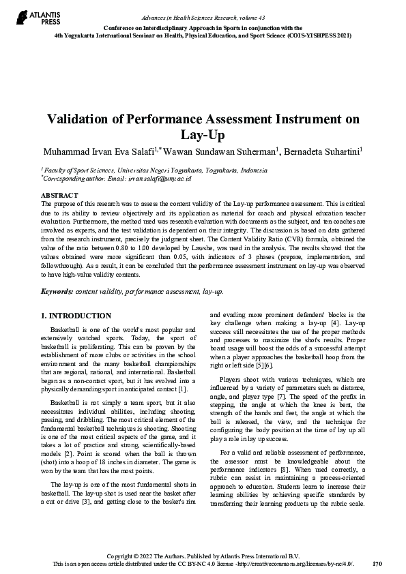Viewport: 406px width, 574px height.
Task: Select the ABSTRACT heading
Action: pyautogui.click(x=59, y=194)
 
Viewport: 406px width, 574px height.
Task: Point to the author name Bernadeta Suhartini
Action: pyautogui.click(x=323, y=150)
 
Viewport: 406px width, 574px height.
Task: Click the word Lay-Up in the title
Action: pyautogui.click(x=203, y=134)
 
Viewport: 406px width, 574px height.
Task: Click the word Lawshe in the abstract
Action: pyautogui.click(x=261, y=240)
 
